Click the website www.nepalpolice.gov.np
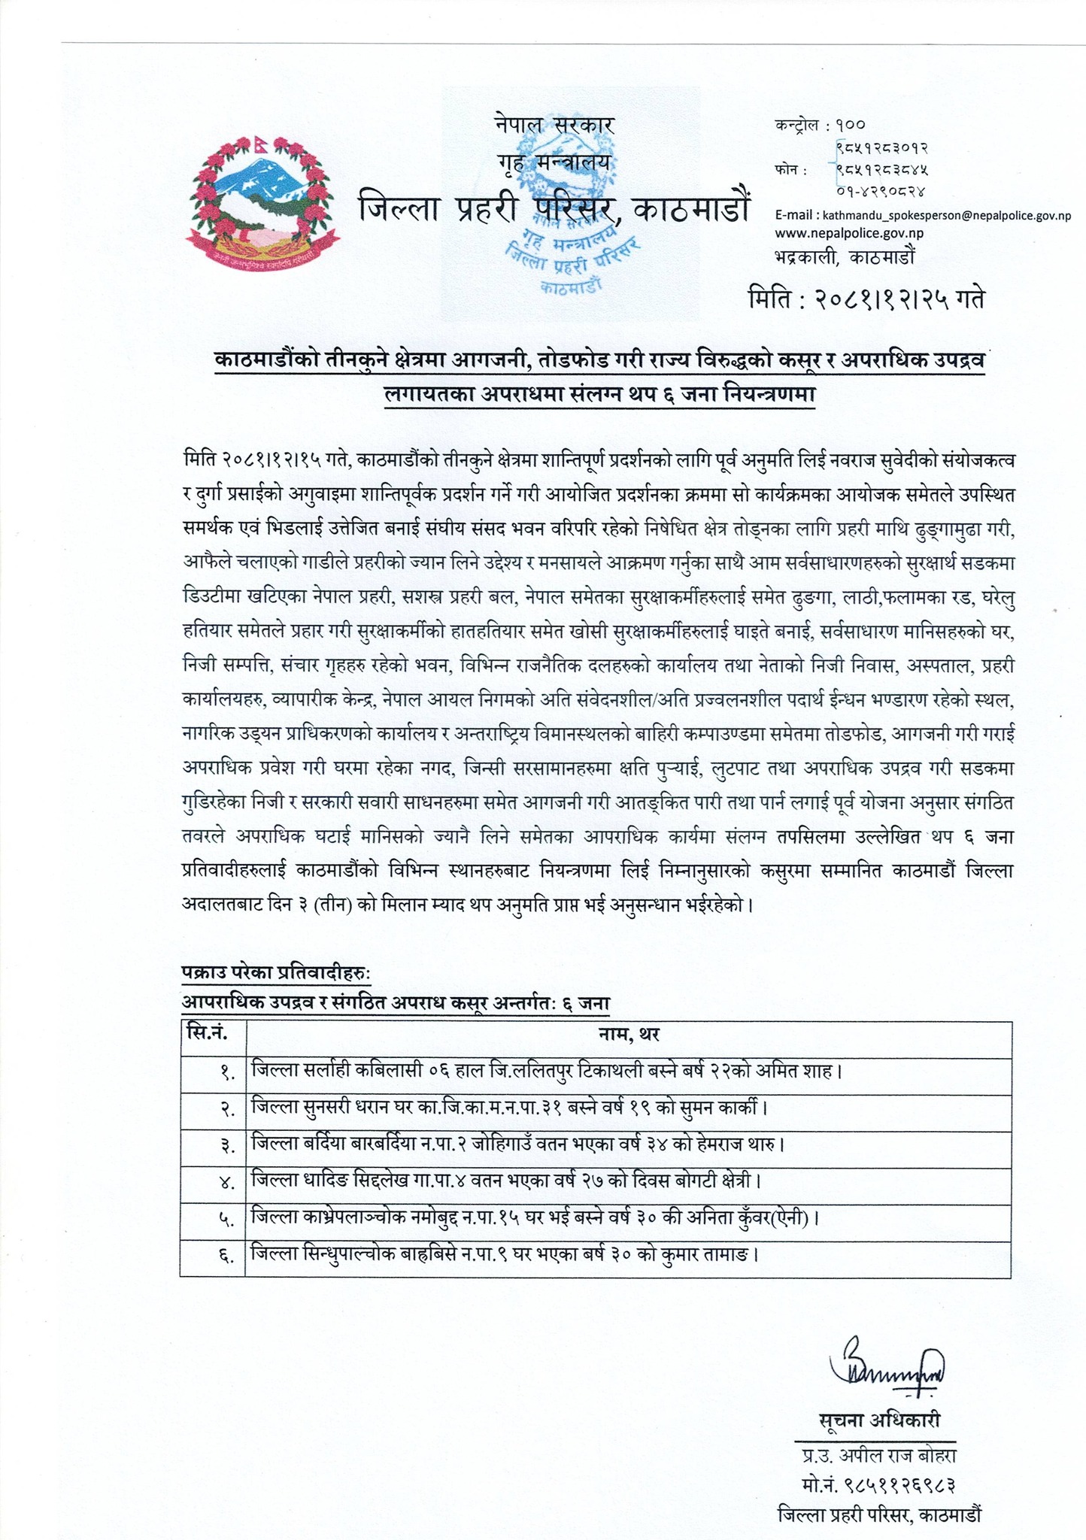coord(849,233)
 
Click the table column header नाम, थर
coord(629,1035)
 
